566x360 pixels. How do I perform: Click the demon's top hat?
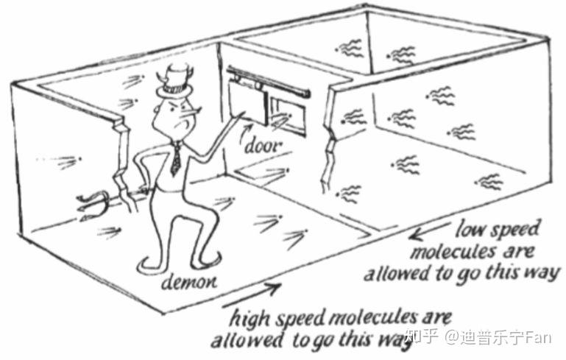pyautogui.click(x=177, y=80)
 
